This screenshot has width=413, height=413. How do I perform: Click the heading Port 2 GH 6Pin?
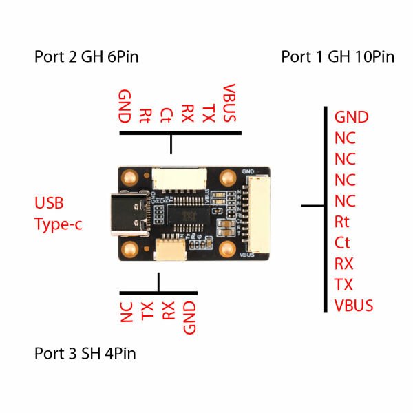coord(86,56)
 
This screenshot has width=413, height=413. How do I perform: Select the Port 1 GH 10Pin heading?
coord(337,56)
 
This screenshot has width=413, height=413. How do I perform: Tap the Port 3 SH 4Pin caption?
coord(85,354)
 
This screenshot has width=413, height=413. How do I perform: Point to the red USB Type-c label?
coord(58,213)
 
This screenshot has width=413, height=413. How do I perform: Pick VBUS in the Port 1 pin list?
coord(354,305)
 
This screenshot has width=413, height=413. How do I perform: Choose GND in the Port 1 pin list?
coord(351,117)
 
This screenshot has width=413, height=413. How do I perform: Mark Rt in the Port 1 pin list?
coord(343,222)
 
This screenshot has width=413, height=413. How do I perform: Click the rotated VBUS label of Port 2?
coord(231,104)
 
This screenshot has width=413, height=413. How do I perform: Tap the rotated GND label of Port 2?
coord(125,105)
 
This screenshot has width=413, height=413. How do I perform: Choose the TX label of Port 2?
coord(209,113)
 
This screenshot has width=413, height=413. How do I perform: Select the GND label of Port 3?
coord(190,317)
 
